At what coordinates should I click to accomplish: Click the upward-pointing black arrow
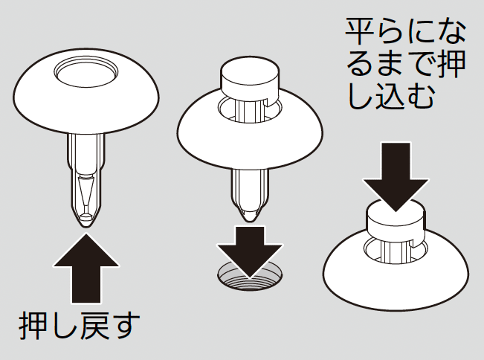[x=86, y=268]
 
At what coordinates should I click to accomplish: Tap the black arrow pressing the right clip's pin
[x=396, y=176]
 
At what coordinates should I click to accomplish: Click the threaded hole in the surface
[x=250, y=277]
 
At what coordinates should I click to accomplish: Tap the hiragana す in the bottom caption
[x=124, y=327]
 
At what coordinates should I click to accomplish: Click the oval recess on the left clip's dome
[x=85, y=71]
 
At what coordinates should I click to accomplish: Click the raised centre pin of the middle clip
[x=250, y=77]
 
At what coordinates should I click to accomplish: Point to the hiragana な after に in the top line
[x=451, y=32]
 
